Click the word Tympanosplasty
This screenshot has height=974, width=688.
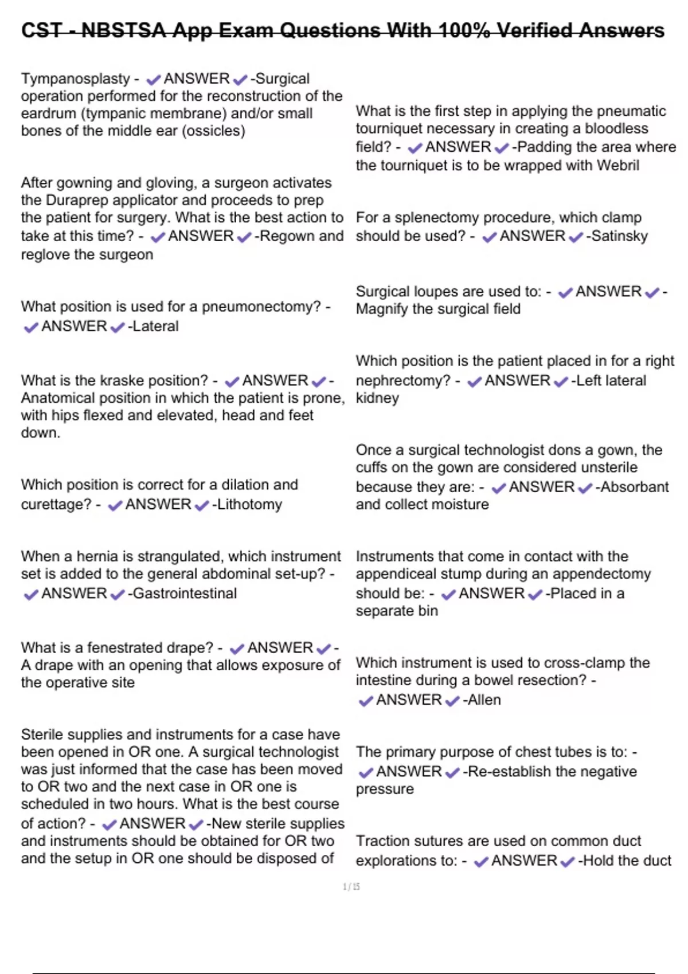[x=76, y=78]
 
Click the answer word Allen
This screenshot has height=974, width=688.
[x=484, y=700]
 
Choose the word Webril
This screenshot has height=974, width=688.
[x=617, y=166]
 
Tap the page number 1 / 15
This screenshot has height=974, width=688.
[x=351, y=887]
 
